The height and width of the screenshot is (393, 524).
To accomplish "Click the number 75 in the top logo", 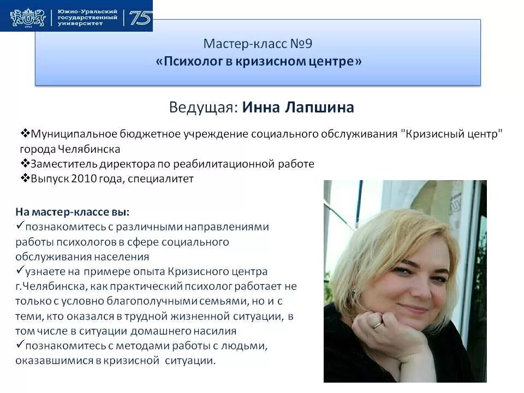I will (140, 18).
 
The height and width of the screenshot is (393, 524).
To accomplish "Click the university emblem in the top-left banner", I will (27, 18).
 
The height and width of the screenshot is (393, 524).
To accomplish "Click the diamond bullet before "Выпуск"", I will (25, 178).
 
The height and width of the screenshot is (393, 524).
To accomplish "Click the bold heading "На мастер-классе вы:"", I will (72, 211).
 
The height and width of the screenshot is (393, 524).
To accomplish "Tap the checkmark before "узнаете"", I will (20, 270).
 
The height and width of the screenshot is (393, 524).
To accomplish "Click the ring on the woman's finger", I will (377, 324).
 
